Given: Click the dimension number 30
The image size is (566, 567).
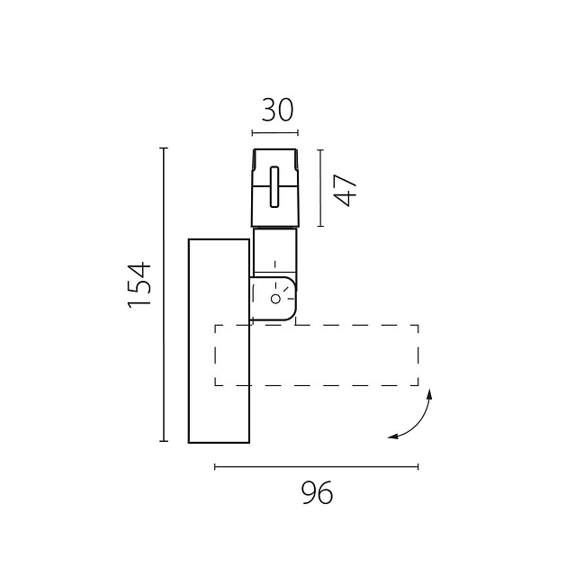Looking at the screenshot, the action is (x=277, y=110).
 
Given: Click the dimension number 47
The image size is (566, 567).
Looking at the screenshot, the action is (x=346, y=190).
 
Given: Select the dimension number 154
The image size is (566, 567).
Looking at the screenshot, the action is (x=139, y=284).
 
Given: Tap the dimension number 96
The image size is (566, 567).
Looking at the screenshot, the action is (x=317, y=492).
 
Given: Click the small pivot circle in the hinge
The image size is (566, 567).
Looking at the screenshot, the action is (x=275, y=299).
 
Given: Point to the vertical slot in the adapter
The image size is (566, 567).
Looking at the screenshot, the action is (x=274, y=187).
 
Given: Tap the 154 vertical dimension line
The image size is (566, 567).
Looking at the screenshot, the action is (x=164, y=294).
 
